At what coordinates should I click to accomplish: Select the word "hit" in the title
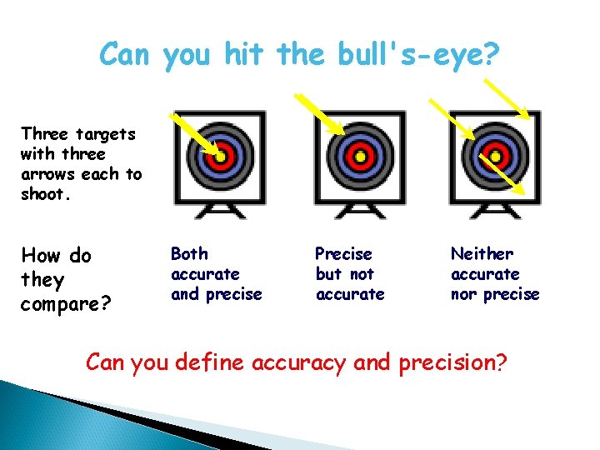[x=247, y=55]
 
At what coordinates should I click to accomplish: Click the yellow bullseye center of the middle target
[x=360, y=156]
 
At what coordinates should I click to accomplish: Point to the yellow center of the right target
[x=496, y=156]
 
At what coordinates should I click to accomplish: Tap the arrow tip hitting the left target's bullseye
[x=218, y=155]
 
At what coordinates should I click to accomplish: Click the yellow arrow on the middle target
[x=321, y=112]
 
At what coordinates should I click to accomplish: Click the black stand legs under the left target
[x=219, y=211]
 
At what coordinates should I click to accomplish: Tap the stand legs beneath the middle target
[x=360, y=211]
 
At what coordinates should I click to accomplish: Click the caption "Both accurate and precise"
[x=216, y=273]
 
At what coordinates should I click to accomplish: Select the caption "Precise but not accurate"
[x=350, y=273]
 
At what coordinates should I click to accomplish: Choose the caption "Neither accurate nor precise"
[x=495, y=273]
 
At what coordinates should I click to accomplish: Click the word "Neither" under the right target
[x=482, y=253]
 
